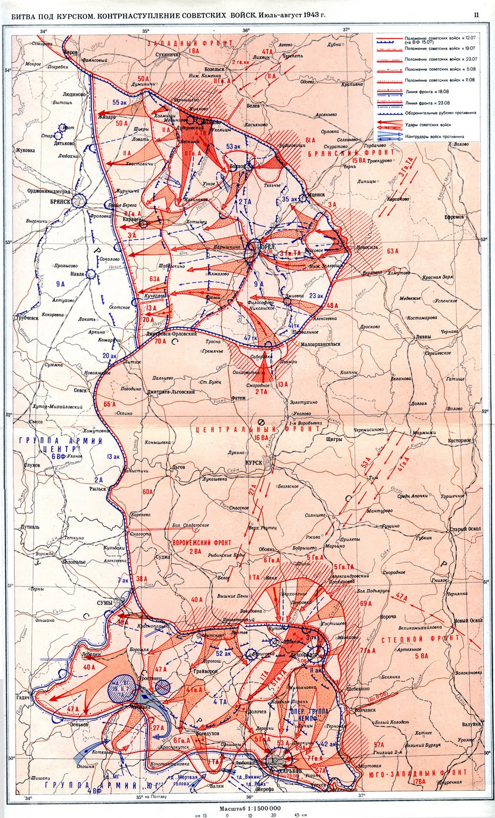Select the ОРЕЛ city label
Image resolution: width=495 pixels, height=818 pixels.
268,247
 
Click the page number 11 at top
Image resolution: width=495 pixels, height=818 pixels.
476,15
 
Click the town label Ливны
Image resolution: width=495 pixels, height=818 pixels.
423,336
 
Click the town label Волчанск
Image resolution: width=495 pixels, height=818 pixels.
364,710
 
